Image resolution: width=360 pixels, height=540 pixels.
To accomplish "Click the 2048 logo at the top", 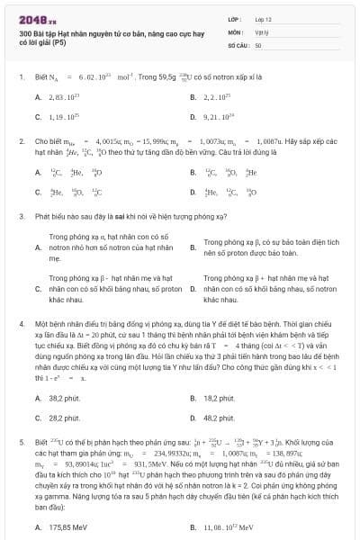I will (x=31, y=17).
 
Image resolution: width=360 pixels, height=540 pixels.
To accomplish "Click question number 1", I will (x=20, y=77).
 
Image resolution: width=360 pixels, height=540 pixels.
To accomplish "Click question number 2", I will (x=20, y=141).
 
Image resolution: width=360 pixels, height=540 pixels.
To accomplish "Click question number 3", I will (x=20, y=217).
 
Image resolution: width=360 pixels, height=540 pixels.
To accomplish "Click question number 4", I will (x=20, y=322).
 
